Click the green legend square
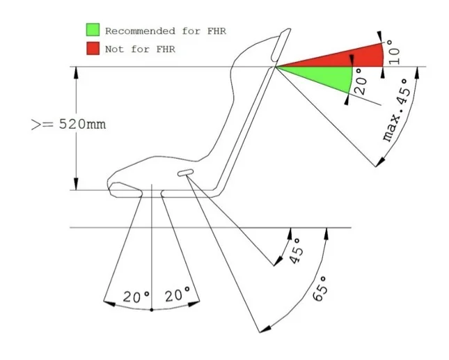[x=93, y=30]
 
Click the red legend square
[x=93, y=48]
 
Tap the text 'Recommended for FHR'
[x=166, y=31]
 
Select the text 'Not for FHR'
[x=140, y=49]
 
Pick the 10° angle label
[x=394, y=52]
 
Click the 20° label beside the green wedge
[x=361, y=81]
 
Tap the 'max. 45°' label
[x=397, y=111]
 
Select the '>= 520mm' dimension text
[x=68, y=125]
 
